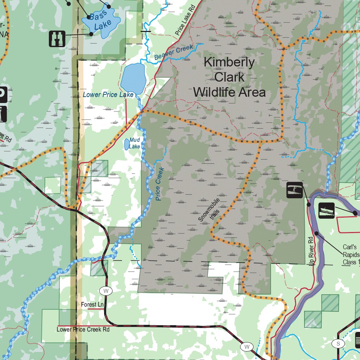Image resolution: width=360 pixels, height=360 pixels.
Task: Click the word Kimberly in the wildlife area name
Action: click(229, 62)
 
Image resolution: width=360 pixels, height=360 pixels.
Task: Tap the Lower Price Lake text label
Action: click(108, 95)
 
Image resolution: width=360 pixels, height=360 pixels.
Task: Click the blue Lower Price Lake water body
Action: click(133, 77)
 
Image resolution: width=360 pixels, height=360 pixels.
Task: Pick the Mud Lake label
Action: click(134, 143)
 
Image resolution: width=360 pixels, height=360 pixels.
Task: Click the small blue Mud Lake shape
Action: click(126, 144)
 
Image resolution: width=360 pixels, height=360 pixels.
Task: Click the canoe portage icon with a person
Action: click(294, 190)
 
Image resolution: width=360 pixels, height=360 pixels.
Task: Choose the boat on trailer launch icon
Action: click(327, 210)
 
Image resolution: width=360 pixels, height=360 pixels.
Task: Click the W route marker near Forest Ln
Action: click(105, 291)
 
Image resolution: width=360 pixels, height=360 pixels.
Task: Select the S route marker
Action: click(338, 344)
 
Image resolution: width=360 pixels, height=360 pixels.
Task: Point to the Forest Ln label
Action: click(92, 304)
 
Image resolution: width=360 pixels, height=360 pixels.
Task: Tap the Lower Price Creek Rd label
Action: click(83, 329)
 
